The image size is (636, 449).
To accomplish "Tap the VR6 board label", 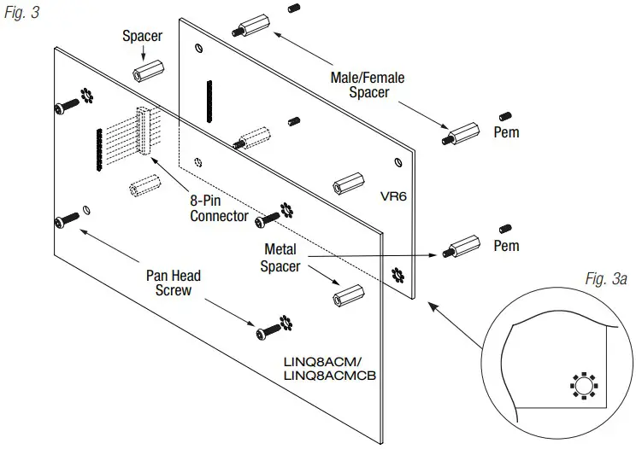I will [394, 195].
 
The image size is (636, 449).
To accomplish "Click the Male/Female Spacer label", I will [367, 85].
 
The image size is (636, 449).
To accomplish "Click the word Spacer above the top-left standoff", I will [142, 37].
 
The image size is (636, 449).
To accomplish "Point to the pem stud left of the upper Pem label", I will [505, 115].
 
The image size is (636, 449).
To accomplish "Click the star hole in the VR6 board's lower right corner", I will [396, 276].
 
